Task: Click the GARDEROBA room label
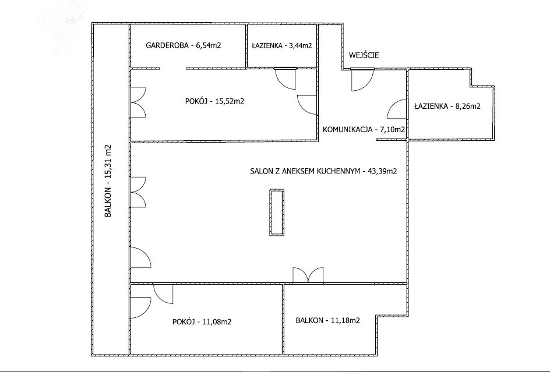[x=168, y=45]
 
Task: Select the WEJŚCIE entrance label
[x=364, y=55]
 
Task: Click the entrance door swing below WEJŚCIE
[x=362, y=80]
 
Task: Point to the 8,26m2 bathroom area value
[x=468, y=106]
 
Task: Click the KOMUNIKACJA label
[x=347, y=129]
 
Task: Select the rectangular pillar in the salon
[x=277, y=212]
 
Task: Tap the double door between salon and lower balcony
[x=308, y=275]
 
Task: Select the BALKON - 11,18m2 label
[x=327, y=320]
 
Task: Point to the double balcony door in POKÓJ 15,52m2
[x=138, y=102]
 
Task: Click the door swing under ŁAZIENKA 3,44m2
[x=285, y=79]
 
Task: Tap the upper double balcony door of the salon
[x=138, y=193]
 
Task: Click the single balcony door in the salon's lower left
[x=140, y=258]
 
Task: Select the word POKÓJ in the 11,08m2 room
[x=184, y=321]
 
